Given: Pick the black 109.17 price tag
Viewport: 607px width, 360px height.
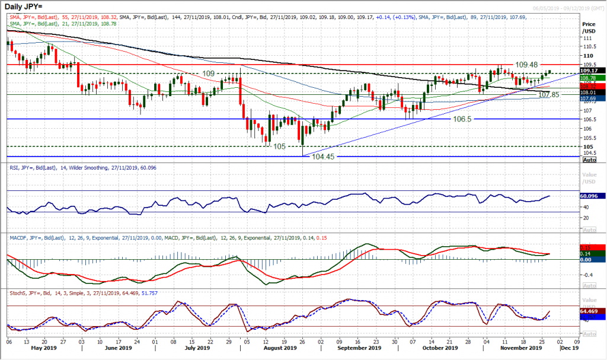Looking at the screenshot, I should (x=593, y=70).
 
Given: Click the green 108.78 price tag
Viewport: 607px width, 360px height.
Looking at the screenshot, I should (x=593, y=78).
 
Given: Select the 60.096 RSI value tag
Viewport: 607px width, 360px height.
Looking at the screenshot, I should (x=593, y=195).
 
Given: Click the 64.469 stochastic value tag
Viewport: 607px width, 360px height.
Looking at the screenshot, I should (x=593, y=311).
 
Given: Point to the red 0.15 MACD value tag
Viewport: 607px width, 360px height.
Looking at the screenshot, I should (x=593, y=247).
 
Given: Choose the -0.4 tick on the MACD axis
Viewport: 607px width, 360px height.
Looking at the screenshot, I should (x=588, y=275).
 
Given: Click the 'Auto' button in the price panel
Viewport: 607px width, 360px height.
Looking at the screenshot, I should (x=589, y=160).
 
